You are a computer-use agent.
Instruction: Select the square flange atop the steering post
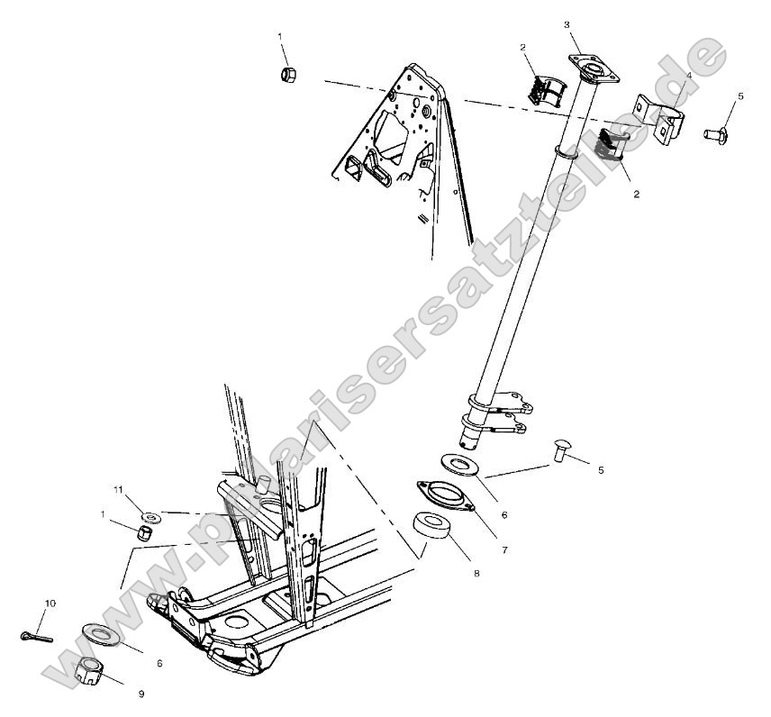pyautogui.click(x=590, y=68)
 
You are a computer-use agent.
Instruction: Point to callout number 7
pyautogui.click(x=504, y=549)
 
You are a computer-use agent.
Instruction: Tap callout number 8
pyautogui.click(x=477, y=573)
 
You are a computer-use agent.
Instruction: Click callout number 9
pyautogui.click(x=141, y=694)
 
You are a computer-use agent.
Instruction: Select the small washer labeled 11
pyautogui.click(x=150, y=517)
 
